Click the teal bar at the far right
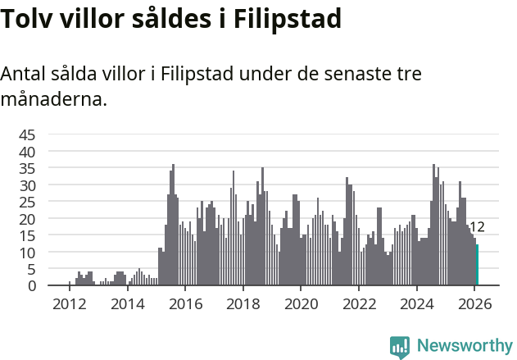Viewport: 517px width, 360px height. pos(477,266)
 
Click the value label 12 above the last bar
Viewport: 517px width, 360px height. pos(477,227)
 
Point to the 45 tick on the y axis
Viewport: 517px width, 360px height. pos(27,134)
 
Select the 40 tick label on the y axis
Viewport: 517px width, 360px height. pos(27,152)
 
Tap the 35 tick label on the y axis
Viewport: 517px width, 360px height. pos(27,168)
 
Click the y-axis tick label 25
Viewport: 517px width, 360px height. pos(27,202)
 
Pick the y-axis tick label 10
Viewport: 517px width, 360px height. pos(27,253)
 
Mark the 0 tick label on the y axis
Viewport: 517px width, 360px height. pos(32,286)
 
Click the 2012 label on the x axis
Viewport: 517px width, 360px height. pos(69,304)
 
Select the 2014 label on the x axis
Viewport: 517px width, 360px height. pos(127,304)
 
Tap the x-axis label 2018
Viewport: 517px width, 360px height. pos(243,304)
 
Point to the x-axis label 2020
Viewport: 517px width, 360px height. pos(301,304)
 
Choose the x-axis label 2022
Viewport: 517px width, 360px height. pos(359,304)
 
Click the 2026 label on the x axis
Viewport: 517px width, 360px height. pos(474,304)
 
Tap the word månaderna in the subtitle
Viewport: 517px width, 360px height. pos(53,101)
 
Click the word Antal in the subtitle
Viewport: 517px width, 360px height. pos(24,74)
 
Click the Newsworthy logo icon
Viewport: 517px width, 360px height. pos(400,346)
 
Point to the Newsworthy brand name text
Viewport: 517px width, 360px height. pos(464,346)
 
